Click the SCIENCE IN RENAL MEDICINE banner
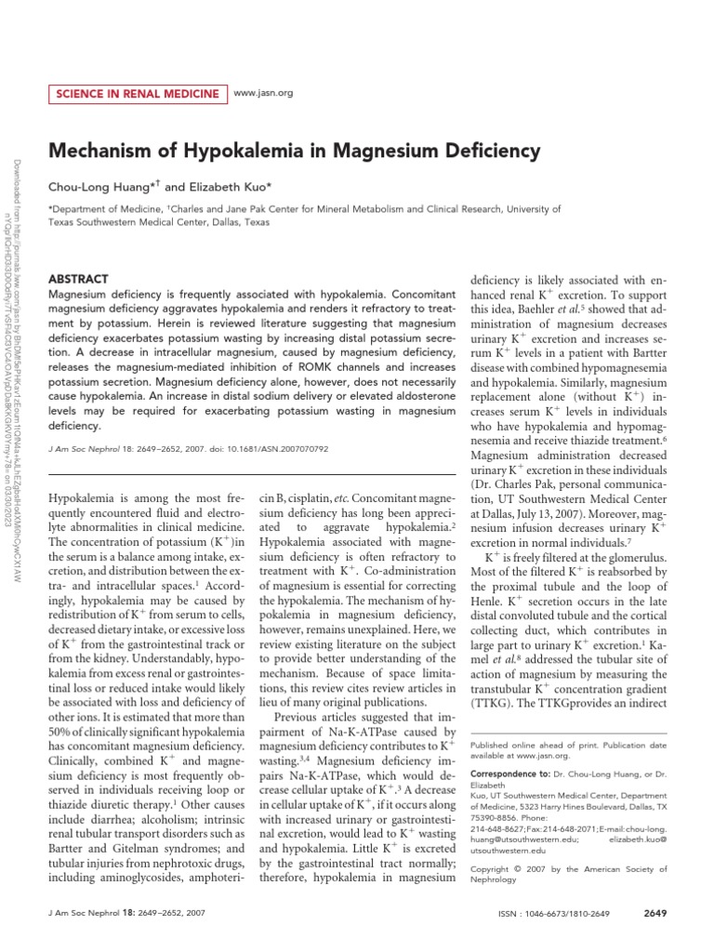pyautogui.click(x=137, y=94)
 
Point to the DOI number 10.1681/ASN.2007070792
pyautogui.click(x=284, y=448)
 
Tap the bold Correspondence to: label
pyautogui.click(x=510, y=773)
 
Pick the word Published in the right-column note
pyautogui.click(x=492, y=747)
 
